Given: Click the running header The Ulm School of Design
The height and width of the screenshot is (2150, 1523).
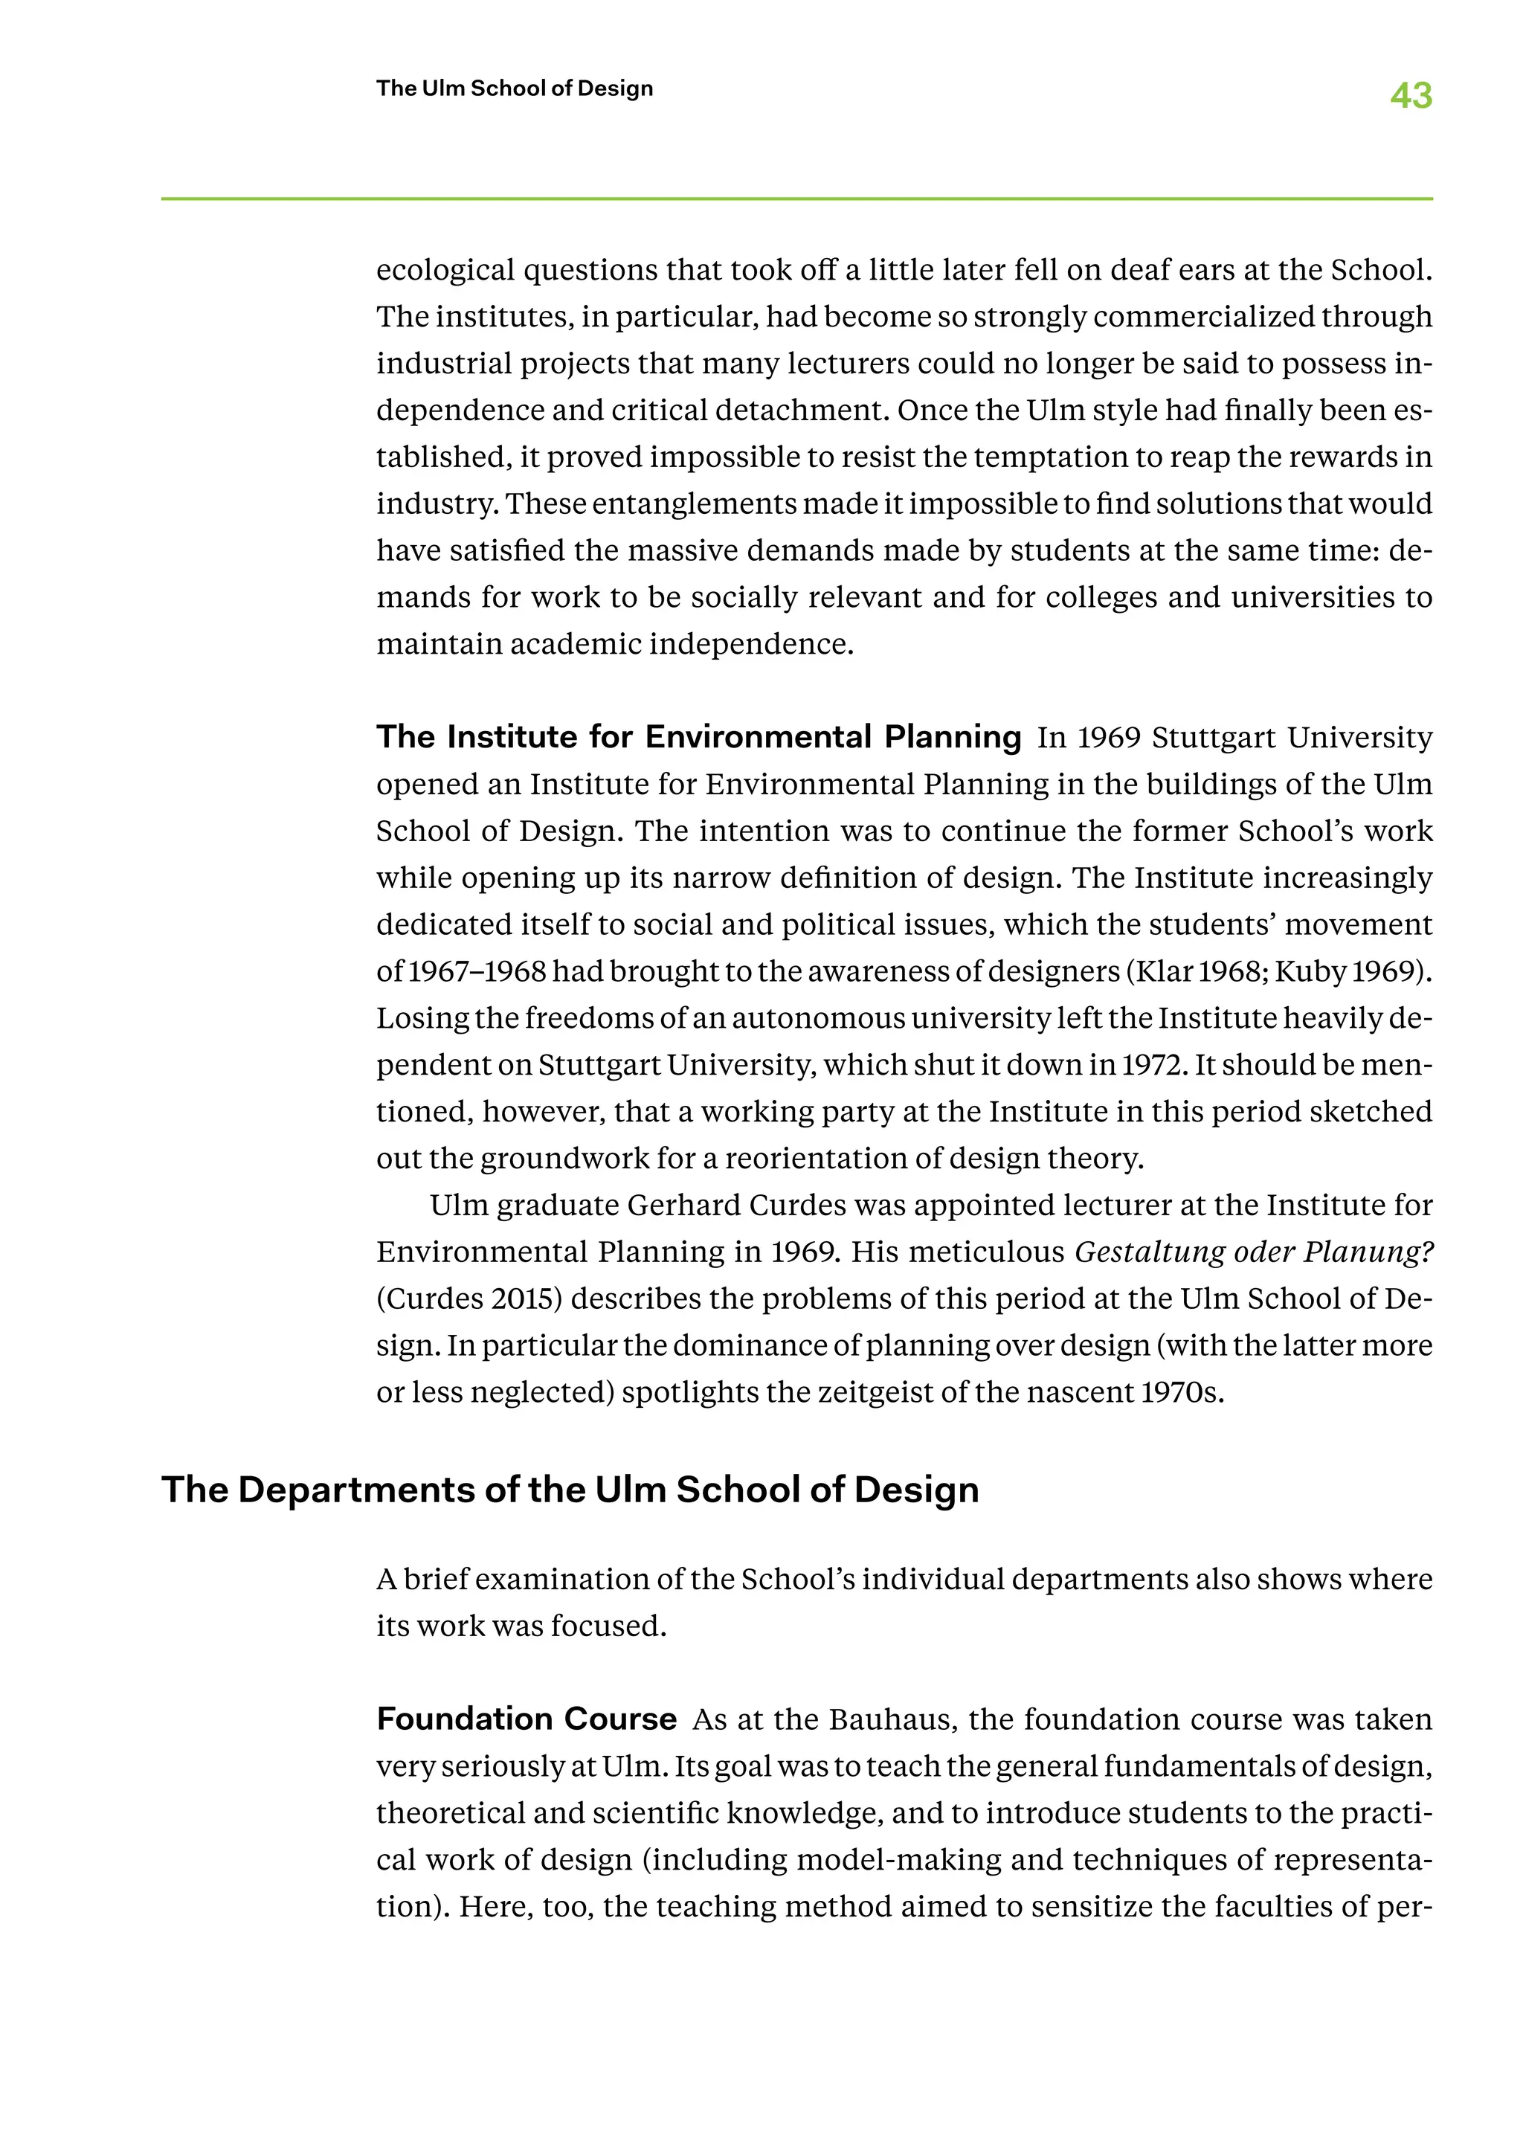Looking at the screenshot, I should (x=514, y=88).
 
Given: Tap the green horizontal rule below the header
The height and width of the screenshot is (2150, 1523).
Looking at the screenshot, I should (x=796, y=199).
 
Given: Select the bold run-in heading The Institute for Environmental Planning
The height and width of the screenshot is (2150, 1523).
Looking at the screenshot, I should (x=699, y=737).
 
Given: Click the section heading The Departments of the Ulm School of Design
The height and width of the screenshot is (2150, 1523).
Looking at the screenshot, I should (x=570, y=1490).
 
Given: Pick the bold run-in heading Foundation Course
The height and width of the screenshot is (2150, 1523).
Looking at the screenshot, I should (x=526, y=1719).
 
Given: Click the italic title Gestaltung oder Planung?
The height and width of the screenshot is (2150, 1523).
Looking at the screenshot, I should (x=1254, y=1252).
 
